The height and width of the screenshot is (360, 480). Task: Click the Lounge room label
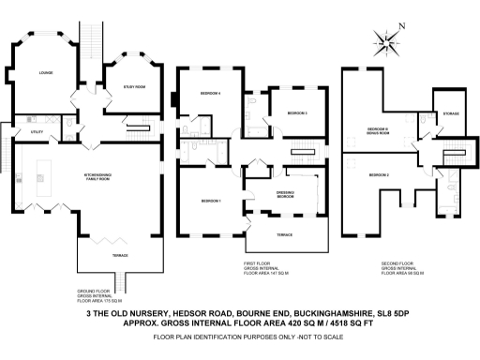point(43,72)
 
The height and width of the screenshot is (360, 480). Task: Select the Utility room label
point(37,133)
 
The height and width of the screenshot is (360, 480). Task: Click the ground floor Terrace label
point(108,255)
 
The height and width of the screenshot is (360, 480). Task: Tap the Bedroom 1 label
point(210,201)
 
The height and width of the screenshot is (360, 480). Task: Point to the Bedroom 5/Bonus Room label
point(378,129)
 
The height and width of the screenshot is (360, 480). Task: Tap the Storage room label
point(451,113)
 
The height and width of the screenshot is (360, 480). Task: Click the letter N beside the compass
point(401,25)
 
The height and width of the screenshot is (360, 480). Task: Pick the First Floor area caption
point(262,269)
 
